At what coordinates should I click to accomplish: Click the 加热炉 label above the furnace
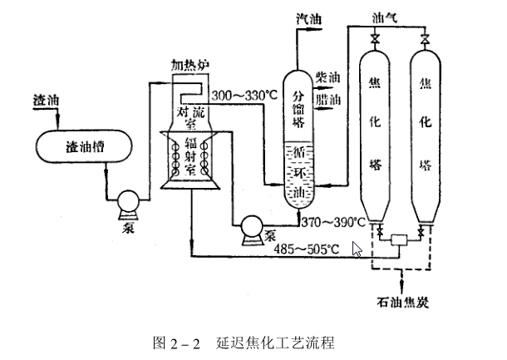pyautogui.click(x=190, y=64)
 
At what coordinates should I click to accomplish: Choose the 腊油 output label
pyautogui.click(x=329, y=99)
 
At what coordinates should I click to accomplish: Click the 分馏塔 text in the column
pyautogui.click(x=298, y=108)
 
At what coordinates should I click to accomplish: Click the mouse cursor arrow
pyautogui.click(x=357, y=249)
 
